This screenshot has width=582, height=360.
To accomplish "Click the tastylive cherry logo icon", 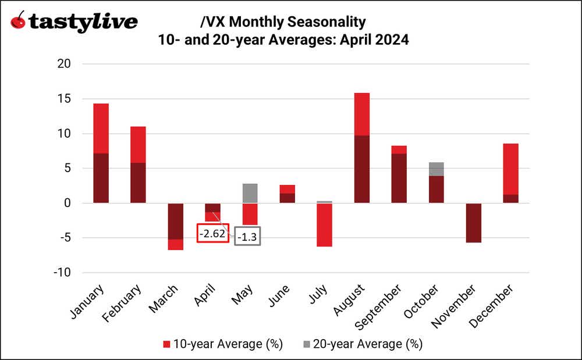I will (x=19, y=22).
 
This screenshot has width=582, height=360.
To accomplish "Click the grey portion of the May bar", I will (x=250, y=193).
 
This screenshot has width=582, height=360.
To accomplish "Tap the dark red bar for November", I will (x=473, y=223).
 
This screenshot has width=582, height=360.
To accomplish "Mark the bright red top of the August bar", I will (x=361, y=113).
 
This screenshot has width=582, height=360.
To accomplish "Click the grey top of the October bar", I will (x=436, y=169).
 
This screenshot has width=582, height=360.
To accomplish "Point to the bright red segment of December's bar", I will (x=510, y=169).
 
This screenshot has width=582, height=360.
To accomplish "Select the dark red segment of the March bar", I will (x=175, y=221).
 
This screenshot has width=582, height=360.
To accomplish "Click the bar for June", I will (x=287, y=194).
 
